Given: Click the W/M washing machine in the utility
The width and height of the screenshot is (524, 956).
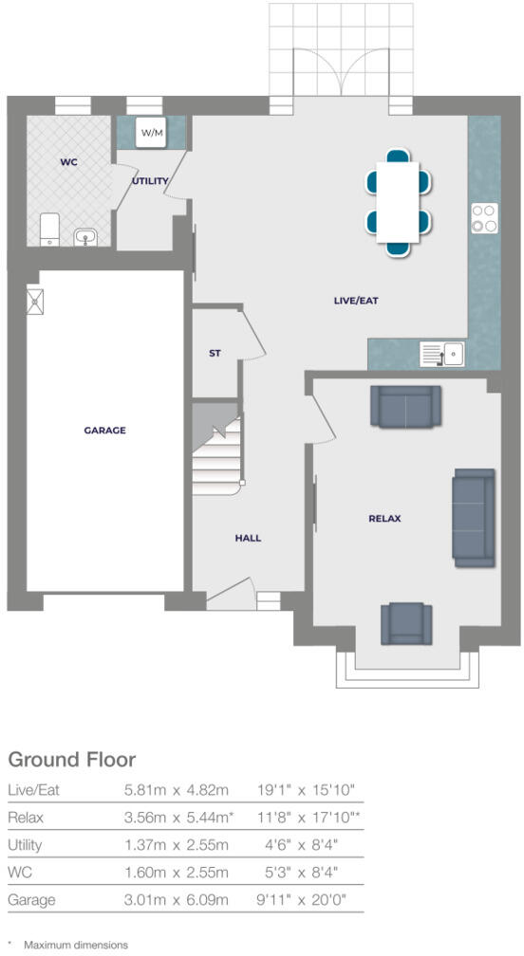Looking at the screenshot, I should [152, 133].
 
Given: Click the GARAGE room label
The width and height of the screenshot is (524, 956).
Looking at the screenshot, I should [104, 430].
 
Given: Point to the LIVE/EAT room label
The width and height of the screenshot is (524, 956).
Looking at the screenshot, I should [357, 301].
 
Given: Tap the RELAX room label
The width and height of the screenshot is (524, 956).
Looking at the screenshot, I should [384, 518].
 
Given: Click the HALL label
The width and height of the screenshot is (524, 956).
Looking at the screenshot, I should [248, 538].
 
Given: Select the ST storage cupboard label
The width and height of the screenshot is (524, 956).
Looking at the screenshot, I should [215, 353].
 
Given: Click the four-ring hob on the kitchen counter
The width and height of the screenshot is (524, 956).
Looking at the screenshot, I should [484, 218].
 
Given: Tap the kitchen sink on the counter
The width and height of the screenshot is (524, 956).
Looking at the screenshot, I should [441, 355].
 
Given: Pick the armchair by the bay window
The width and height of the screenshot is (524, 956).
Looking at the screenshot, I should [406, 623].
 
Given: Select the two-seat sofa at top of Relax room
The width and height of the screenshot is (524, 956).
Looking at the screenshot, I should [405, 405].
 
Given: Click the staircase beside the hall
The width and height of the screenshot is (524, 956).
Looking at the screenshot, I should [217, 454].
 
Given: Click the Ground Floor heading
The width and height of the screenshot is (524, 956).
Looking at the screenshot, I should [71, 759].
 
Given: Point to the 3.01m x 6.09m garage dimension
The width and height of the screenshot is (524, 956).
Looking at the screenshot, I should [177, 898].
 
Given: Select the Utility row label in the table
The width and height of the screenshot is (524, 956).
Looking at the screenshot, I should [24, 844].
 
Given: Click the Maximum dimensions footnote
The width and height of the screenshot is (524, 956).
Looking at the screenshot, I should [76, 945].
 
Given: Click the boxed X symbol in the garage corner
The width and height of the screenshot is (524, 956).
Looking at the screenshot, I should [36, 301].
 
